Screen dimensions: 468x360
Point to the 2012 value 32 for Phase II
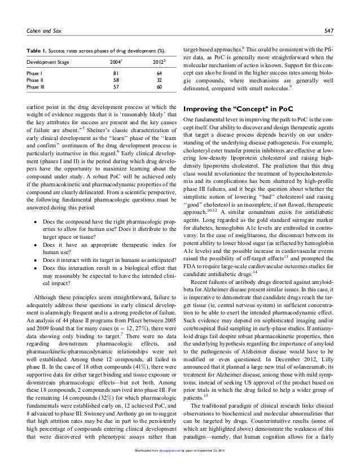tap(159, 80)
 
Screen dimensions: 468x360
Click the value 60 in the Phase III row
tap(159, 88)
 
